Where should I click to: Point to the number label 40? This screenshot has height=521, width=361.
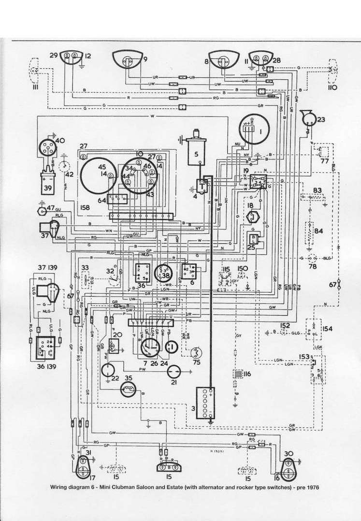[60, 141]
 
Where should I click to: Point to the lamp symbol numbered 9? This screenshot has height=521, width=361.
[128, 61]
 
